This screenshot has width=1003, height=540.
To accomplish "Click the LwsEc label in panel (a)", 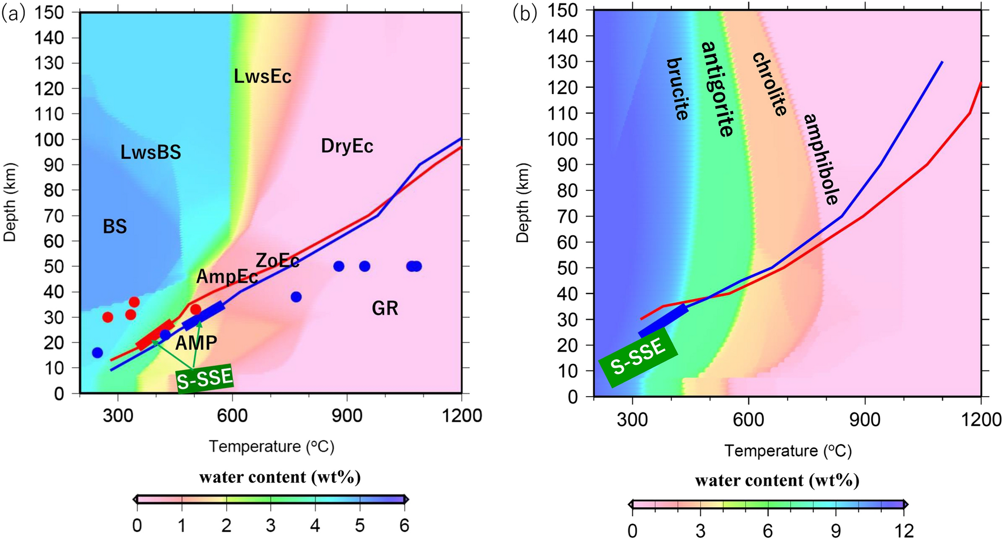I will click(262, 76).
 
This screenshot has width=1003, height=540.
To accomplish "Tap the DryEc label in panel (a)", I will click(347, 146).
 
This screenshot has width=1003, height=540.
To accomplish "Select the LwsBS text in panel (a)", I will click(151, 152).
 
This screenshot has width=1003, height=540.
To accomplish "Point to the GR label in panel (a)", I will click(385, 308).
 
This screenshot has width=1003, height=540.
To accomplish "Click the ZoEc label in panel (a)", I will click(278, 261).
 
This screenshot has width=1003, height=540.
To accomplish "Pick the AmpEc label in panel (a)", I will click(227, 277).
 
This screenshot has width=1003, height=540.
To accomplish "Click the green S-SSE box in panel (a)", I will click(205, 378).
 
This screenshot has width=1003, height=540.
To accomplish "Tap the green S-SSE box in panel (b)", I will click(638, 358).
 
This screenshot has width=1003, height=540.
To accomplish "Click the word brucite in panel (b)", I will click(677, 89).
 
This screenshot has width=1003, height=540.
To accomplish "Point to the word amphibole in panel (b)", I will click(821, 159).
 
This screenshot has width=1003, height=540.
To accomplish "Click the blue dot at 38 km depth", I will click(296, 297).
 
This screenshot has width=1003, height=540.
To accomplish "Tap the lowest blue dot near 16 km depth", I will click(97, 352).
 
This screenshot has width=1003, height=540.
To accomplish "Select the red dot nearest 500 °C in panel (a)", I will click(195, 309).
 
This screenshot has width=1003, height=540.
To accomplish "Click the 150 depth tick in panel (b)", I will click(563, 10).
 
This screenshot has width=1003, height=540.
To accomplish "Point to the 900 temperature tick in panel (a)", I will click(347, 416).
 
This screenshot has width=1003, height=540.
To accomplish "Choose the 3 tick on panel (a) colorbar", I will click(270, 526).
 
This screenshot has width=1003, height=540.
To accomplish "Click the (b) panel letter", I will click(524, 14).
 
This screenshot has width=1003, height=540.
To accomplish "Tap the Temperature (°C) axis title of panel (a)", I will click(271, 447).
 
